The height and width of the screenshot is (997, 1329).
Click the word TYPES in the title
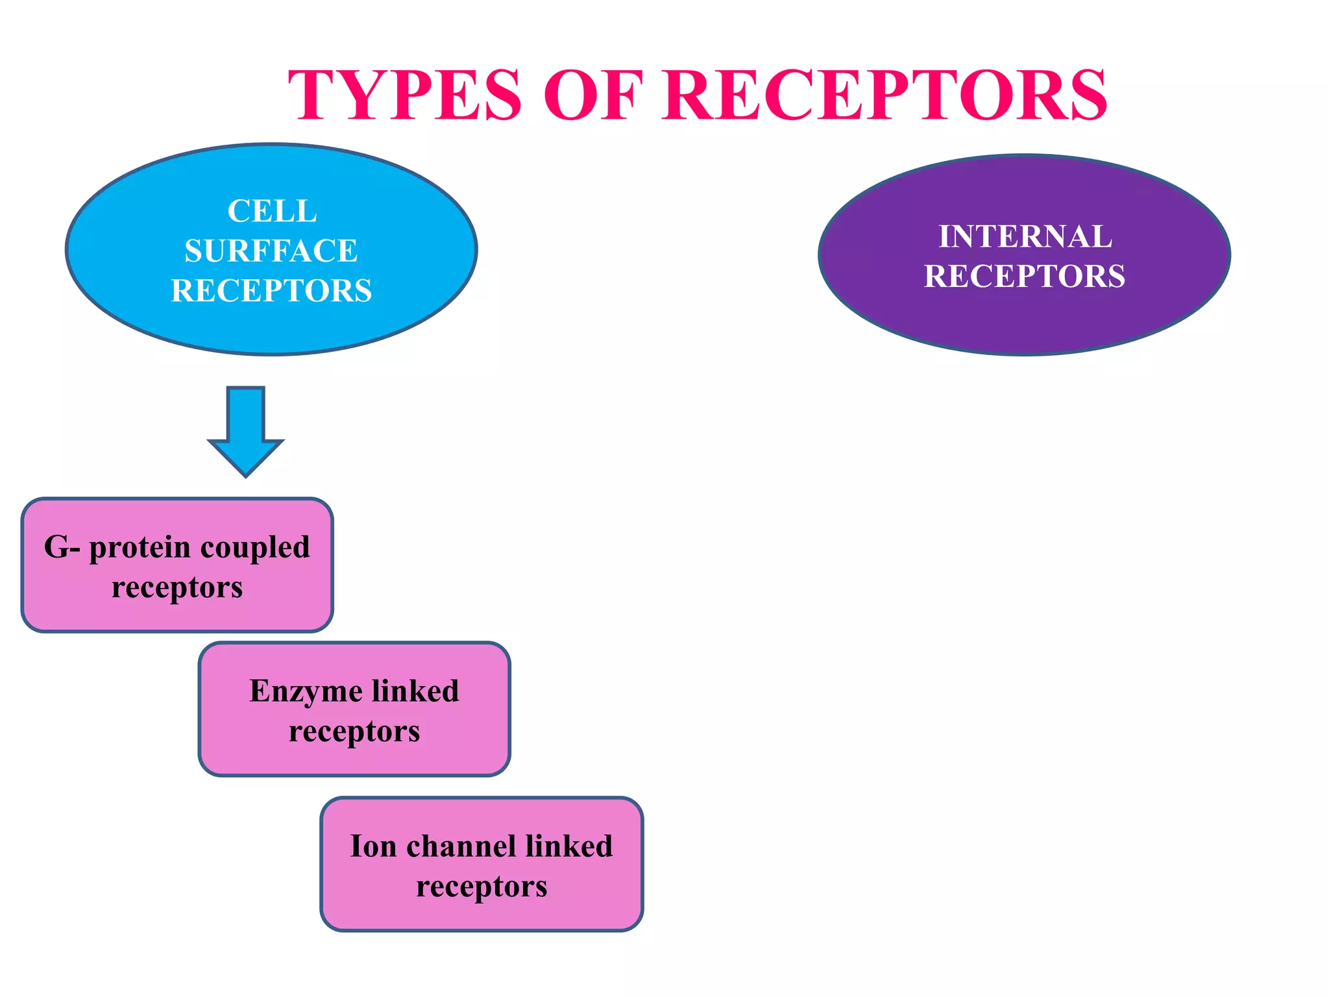tap(405, 95)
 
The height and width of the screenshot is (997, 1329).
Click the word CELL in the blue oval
tap(272, 211)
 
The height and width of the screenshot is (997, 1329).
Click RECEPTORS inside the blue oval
tap(271, 290)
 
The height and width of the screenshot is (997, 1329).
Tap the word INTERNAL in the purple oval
tap(1025, 236)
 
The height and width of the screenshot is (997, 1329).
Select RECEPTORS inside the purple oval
tap(1025, 276)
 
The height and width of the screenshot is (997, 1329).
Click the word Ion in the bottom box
tap(373, 846)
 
